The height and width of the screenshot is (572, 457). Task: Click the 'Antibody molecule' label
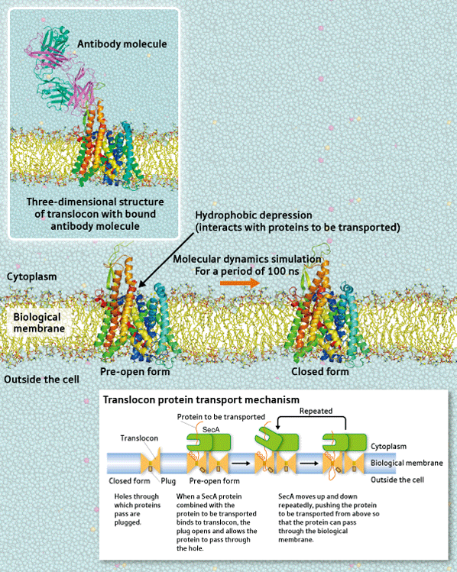pos(122,44)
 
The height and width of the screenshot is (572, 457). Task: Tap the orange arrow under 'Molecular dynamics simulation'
pos(240,283)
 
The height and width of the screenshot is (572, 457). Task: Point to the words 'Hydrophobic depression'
pos(254,215)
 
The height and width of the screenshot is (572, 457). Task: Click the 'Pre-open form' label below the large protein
pos(135,372)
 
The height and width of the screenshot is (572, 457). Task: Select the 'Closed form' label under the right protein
pos(320,372)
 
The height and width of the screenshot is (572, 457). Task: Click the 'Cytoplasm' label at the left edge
pos(32,277)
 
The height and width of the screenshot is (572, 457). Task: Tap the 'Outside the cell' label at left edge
pos(41,380)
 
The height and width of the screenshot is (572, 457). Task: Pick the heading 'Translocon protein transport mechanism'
pos(201,400)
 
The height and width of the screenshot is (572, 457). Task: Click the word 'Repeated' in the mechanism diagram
pos(316,411)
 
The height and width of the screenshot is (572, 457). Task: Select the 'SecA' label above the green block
pos(211,430)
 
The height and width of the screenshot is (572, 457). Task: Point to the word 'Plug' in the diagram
pos(168,481)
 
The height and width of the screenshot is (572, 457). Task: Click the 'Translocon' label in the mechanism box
pos(139,438)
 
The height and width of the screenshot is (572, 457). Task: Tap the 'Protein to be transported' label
pos(221,417)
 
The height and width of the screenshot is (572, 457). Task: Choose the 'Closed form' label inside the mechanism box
pos(130,481)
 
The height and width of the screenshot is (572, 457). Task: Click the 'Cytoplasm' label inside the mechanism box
pos(388,447)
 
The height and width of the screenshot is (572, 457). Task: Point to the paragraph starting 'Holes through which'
pos(138,509)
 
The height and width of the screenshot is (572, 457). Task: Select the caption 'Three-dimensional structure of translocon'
pos(95,214)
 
